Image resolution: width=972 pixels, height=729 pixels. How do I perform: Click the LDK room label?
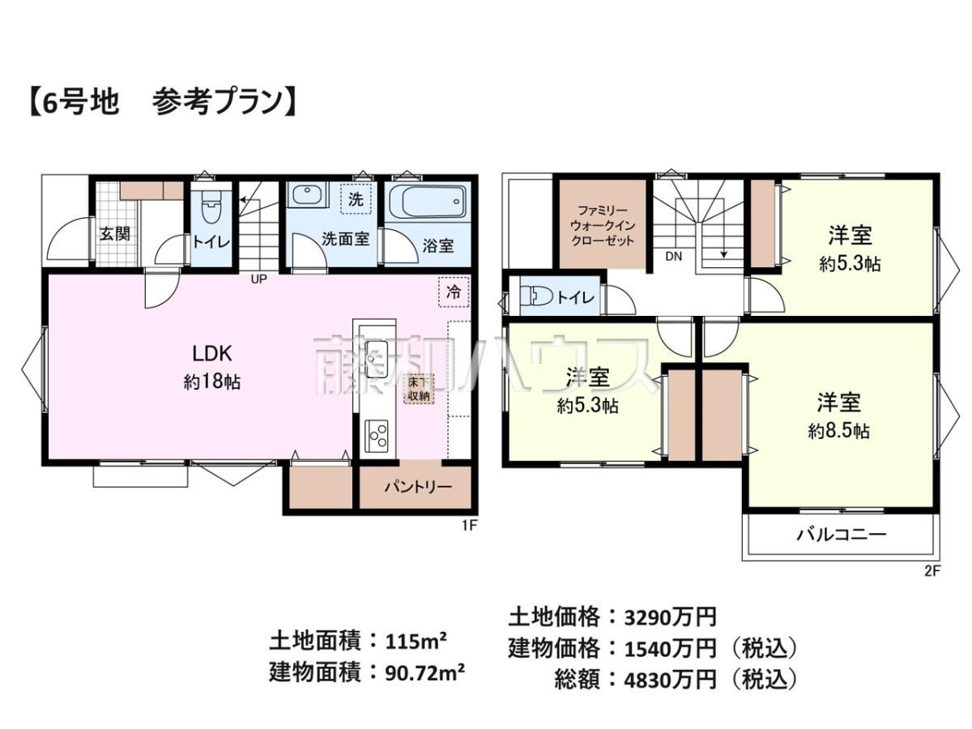tap(212, 354)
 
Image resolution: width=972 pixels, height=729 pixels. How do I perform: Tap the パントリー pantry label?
tap(418, 487)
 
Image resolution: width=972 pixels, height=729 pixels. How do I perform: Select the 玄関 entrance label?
tap(115, 234)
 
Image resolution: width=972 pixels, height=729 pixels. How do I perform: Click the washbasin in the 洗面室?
tap(306, 194)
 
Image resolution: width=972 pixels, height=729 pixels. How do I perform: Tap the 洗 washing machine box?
tap(356, 199)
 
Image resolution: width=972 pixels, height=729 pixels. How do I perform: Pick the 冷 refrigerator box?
tap(454, 292)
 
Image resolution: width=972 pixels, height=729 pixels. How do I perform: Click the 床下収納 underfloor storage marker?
tap(419, 389)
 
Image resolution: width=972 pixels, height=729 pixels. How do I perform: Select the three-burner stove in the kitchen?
tap(377, 436)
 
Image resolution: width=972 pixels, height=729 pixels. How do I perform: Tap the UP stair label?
tap(259, 279)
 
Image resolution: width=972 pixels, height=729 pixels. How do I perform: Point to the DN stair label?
tap(674, 256)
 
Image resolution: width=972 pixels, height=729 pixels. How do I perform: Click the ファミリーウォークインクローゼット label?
tap(603, 225)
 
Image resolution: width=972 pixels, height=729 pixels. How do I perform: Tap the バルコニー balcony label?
tap(842, 535)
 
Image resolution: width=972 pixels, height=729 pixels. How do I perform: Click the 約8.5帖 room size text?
tap(838, 431)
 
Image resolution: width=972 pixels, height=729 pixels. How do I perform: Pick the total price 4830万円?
tap(670, 680)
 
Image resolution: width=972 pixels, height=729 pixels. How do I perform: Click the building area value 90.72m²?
tap(425, 673)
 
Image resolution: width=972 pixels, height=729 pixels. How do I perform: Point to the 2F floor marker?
tap(932, 571)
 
